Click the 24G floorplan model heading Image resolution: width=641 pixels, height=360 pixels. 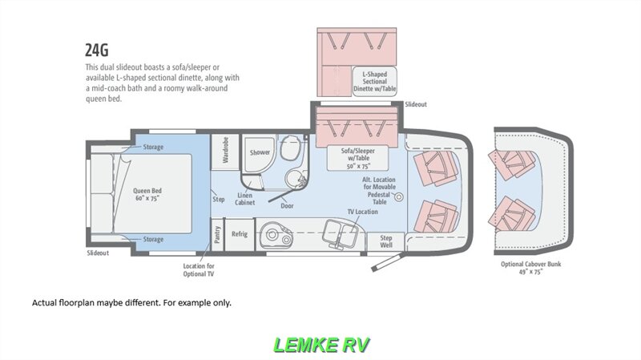(97, 50)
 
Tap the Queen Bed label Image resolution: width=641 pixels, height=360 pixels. (147, 194)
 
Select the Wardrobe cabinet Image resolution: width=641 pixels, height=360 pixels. (225, 152)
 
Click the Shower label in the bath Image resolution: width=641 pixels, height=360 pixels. (260, 152)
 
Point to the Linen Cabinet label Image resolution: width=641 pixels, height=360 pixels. (245, 199)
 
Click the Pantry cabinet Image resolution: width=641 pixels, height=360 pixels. (217, 235)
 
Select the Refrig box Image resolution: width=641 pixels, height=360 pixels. (240, 234)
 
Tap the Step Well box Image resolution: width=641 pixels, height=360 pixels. (386, 241)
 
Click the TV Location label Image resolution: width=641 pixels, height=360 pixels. (363, 212)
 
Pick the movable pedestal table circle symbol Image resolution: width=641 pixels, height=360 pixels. (398, 196)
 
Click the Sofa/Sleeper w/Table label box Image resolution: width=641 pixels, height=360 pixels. (358, 158)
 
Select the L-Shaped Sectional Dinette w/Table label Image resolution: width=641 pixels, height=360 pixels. (375, 82)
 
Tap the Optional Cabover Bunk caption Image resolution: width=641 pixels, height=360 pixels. (531, 268)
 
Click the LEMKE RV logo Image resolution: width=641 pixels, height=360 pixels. (321, 345)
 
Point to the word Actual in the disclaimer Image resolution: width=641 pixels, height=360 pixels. (45, 303)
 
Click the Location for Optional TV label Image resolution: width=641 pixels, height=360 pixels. (199, 270)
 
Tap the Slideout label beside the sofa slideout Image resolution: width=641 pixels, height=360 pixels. (416, 104)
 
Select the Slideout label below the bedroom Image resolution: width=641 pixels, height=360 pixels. (98, 253)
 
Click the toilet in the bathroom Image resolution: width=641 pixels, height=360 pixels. (291, 148)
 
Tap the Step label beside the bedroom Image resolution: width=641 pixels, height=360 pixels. (219, 199)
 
